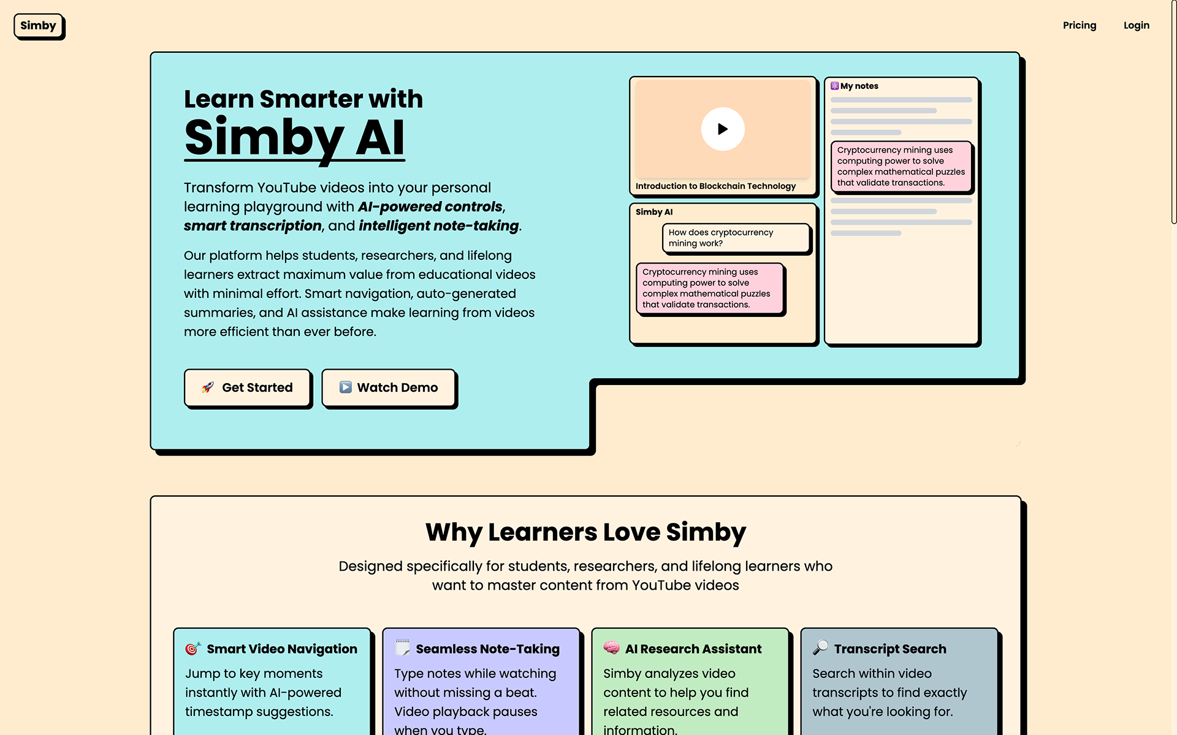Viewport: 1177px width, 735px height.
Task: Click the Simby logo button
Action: pos(38,26)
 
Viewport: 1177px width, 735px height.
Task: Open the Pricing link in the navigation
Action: pos(1079,25)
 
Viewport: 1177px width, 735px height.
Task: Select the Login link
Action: pos(1136,25)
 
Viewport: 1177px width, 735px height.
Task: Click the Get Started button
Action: pos(247,387)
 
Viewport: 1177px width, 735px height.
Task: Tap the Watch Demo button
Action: pos(388,387)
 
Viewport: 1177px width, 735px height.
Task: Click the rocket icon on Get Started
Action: pos(208,387)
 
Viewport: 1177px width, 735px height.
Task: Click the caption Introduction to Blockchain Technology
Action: pos(715,186)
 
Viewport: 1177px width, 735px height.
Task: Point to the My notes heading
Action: pos(859,86)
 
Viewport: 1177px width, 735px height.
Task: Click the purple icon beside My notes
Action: pos(834,86)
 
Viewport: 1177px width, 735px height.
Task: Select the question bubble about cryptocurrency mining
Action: pos(735,238)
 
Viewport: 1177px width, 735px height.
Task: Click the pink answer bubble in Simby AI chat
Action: pos(710,288)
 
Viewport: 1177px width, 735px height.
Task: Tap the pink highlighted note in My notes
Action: pos(901,166)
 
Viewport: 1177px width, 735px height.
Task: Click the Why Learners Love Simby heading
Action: pos(585,532)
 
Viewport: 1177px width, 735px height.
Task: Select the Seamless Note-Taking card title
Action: pos(487,649)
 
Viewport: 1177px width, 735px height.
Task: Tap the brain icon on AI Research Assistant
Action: pos(611,648)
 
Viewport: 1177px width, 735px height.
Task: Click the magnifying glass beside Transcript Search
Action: pos(820,648)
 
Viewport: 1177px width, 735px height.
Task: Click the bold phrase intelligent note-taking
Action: pos(438,226)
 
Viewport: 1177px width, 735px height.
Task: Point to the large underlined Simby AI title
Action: pos(294,138)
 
